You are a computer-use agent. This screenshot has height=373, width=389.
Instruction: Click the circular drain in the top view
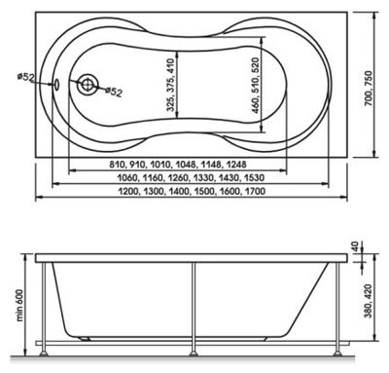click(x=87, y=85)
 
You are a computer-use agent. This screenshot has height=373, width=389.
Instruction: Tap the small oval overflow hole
click(x=55, y=85)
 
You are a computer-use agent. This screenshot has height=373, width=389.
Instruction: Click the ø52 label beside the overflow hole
click(x=25, y=77)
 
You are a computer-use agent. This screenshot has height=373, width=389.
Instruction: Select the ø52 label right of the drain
click(x=114, y=92)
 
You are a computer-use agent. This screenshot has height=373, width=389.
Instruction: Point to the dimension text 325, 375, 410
click(x=171, y=85)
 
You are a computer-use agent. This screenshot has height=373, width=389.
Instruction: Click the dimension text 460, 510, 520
click(x=256, y=86)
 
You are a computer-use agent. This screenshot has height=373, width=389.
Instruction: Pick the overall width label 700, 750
click(x=369, y=89)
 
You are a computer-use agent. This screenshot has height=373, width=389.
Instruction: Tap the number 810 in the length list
click(x=117, y=165)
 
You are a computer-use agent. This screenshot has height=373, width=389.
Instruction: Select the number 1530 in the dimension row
click(x=254, y=178)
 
